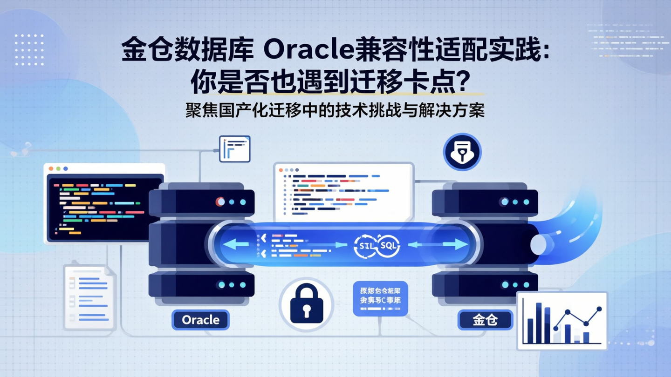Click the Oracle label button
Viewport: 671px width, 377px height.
[200, 320]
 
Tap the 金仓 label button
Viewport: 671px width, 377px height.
[485, 320]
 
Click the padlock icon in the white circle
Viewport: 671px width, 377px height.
[306, 303]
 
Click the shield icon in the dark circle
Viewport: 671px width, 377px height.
[462, 152]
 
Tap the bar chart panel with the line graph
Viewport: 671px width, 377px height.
[562, 321]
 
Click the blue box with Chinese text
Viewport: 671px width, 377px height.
[381, 298]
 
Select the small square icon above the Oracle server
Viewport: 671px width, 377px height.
[234, 148]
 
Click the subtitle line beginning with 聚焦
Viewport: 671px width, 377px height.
[335, 111]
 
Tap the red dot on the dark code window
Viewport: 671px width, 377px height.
[52, 168]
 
